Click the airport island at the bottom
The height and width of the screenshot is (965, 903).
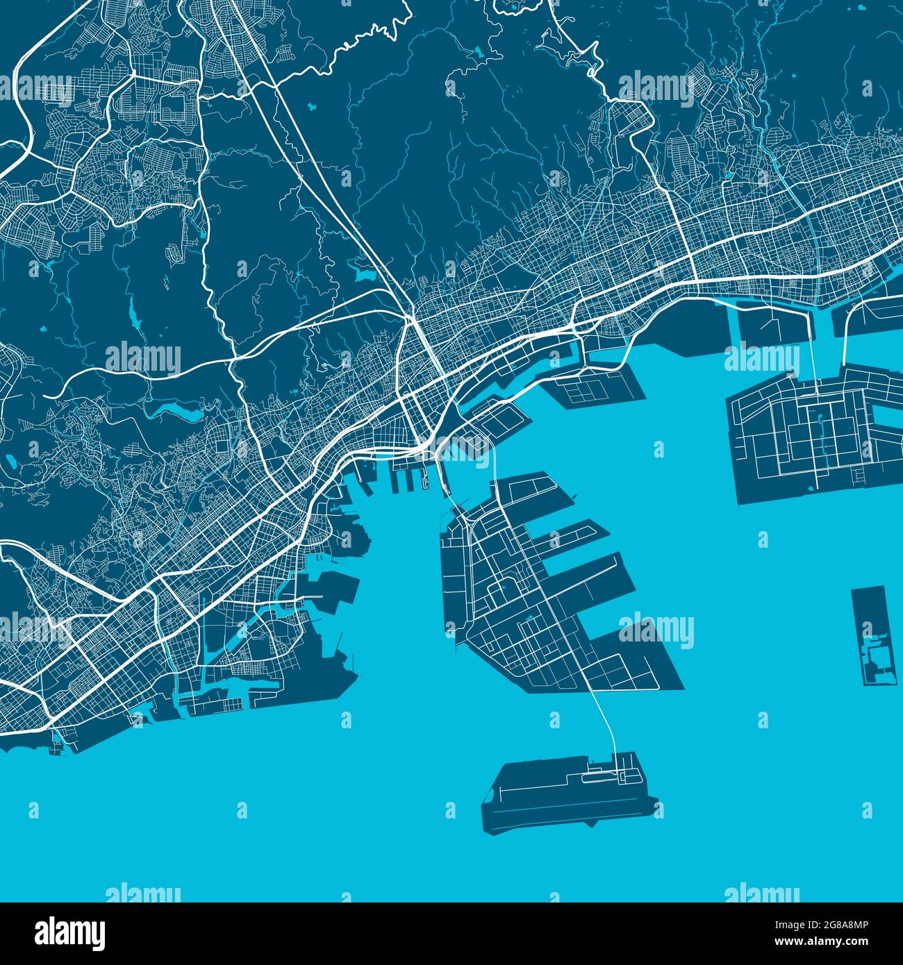(x=556, y=795)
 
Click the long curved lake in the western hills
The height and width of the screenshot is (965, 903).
(x=174, y=414)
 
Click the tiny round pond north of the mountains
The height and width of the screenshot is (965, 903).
(x=310, y=108)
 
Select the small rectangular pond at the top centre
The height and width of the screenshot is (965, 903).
(x=479, y=52)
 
